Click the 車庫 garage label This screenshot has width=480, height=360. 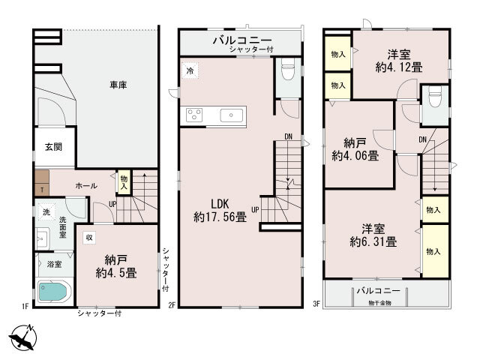click(118, 85)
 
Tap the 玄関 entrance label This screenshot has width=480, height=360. click(53, 147)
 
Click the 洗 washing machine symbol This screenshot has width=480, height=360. click(46, 211)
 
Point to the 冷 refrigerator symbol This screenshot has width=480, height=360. click(190, 70)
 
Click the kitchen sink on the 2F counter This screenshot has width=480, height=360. click(232, 115)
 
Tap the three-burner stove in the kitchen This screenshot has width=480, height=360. click(194, 115)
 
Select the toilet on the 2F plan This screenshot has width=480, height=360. click(288, 69)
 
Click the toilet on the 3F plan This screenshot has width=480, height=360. click(435, 96)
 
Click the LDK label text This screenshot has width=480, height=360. click(220, 203)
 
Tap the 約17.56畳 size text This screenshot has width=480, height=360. click(220, 217)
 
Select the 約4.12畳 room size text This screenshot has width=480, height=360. click(399, 67)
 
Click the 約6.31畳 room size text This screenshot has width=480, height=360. click(373, 241)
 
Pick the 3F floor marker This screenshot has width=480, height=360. click(316, 304)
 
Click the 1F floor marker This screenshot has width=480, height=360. click(25, 306)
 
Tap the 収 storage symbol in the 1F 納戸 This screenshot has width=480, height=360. click(89, 238)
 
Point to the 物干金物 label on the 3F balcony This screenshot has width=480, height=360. click(380, 303)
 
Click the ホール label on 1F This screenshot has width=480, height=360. click(86, 185)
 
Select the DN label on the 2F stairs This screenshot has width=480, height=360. click(288, 136)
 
